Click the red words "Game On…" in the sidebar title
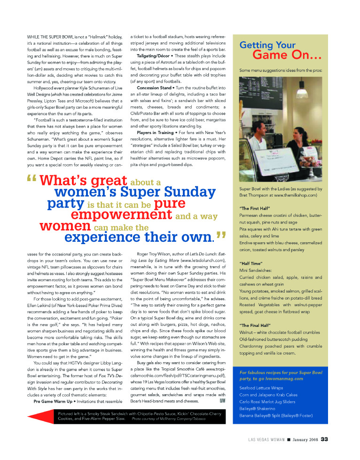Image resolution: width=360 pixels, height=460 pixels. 287,55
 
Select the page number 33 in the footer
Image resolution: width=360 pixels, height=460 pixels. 324,440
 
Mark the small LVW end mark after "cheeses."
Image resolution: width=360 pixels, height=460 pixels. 222,401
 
